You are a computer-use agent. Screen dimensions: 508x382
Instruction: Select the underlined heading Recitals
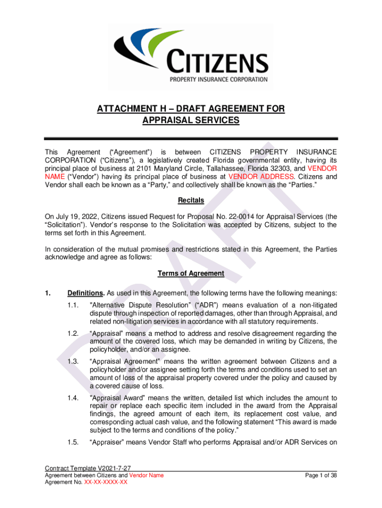click(x=191, y=201)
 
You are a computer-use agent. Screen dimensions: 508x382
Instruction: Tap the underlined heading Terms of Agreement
click(x=191, y=273)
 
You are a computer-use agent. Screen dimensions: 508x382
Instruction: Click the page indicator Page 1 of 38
click(x=321, y=475)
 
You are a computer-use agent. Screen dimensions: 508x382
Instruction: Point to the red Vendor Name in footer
click(x=146, y=475)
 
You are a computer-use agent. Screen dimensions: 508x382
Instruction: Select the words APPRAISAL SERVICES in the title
click(x=191, y=120)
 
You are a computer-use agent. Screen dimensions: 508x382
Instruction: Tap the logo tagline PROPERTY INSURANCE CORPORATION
click(x=219, y=79)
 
